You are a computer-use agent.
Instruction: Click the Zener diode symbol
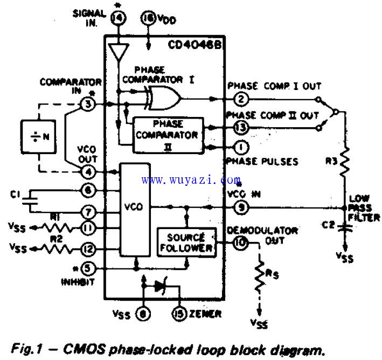[x=160, y=287]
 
